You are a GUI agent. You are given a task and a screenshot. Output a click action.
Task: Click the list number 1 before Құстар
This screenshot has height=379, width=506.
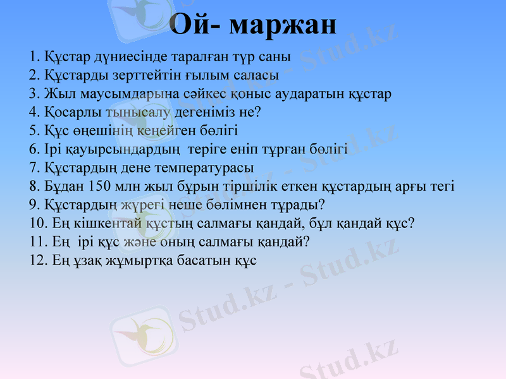tap(34, 57)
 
